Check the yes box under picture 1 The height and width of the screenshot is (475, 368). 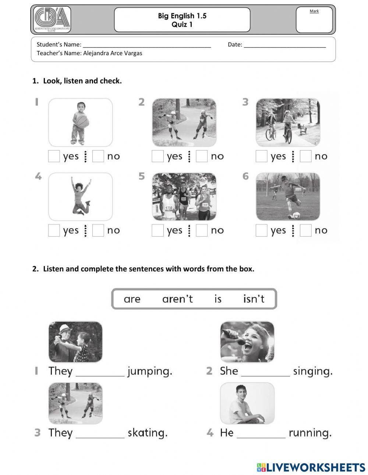pos(54,156)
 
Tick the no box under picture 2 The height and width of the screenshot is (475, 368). pos(202,156)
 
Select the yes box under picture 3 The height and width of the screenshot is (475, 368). pos(261,156)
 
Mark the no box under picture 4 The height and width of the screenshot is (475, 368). pos(98,231)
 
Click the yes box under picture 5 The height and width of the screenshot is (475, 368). pos(158,231)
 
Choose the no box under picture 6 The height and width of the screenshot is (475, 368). pos(305,231)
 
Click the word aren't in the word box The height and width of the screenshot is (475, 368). pos(177,299)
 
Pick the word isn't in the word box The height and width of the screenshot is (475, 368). pos(254,299)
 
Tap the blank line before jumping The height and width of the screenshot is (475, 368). pos(100,372)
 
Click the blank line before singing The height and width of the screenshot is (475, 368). pos(265,372)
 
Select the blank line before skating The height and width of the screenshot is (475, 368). pos(100,434)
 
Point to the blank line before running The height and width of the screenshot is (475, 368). pos(261,434)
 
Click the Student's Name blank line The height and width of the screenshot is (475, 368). pos(147,45)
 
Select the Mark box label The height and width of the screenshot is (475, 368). pos(314,11)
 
